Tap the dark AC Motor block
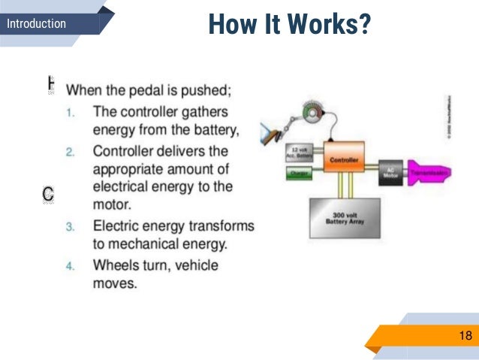[x=389, y=171]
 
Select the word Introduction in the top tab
[x=36, y=23]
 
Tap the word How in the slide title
[x=227, y=24]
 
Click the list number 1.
[x=69, y=113]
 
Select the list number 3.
[x=69, y=227]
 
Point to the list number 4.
[x=69, y=266]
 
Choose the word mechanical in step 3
[x=148, y=244]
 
